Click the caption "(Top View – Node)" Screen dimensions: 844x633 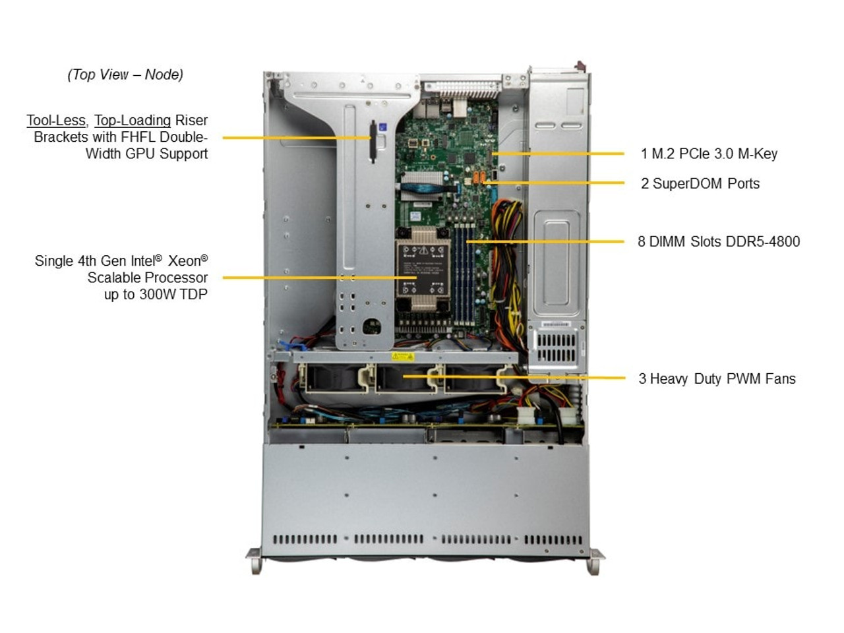125,75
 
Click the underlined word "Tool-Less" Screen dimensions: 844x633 56,121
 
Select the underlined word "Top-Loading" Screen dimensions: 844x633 133,121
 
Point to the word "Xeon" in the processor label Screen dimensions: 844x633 184,261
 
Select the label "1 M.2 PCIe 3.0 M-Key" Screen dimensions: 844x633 709,154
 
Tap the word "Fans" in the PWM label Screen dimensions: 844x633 780,379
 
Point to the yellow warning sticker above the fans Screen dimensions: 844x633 402,357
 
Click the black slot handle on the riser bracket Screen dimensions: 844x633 373,140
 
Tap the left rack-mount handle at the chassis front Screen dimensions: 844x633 255,561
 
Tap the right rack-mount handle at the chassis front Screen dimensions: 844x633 595,561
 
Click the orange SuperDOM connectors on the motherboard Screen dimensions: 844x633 479,178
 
